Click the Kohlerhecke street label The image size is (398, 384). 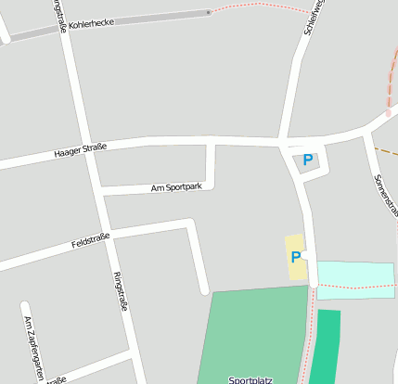click(91, 21)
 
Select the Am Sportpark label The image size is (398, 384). click(175, 187)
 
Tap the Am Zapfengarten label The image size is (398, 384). click(32, 344)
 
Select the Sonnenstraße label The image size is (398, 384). click(383, 195)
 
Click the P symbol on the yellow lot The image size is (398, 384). click(296, 257)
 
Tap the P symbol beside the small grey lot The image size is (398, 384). click(307, 160)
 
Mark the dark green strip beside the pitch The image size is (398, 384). click(325, 347)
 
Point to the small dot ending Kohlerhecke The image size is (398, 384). click(209, 12)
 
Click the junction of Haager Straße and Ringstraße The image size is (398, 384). click(87, 153)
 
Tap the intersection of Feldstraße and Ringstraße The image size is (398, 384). click(109, 232)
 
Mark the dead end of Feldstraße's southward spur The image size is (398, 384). click(204, 290)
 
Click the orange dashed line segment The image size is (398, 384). click(385, 150)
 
